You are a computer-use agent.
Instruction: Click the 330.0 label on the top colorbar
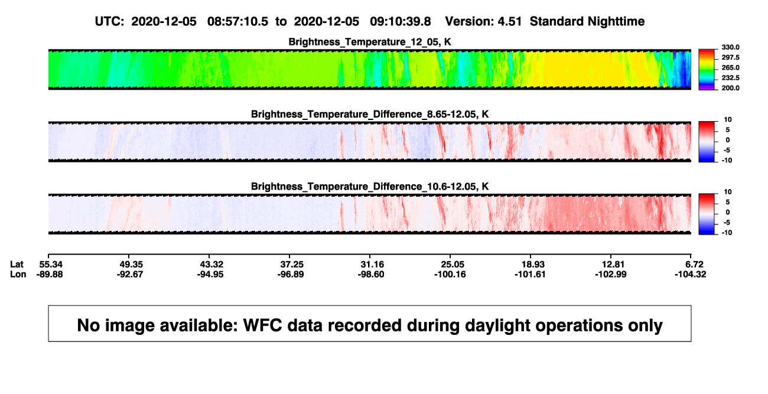(730, 47)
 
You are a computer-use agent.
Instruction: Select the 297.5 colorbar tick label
(730, 58)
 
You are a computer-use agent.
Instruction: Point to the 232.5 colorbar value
(730, 78)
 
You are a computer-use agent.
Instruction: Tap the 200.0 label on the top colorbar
(730, 88)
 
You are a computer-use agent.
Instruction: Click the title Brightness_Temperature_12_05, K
(370, 42)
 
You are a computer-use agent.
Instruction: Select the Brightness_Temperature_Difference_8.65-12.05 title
(370, 114)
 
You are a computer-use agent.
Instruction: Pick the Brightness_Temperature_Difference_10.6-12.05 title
(370, 187)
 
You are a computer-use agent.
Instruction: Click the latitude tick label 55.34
(51, 265)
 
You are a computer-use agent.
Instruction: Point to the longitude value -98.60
(370, 275)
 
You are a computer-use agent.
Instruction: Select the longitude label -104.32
(690, 275)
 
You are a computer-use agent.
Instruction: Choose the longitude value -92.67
(129, 275)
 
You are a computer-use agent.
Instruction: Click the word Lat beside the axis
(17, 265)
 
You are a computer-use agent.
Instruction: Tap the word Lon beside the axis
(18, 275)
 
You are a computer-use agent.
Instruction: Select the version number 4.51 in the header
(509, 22)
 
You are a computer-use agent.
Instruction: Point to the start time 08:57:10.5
(237, 22)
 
